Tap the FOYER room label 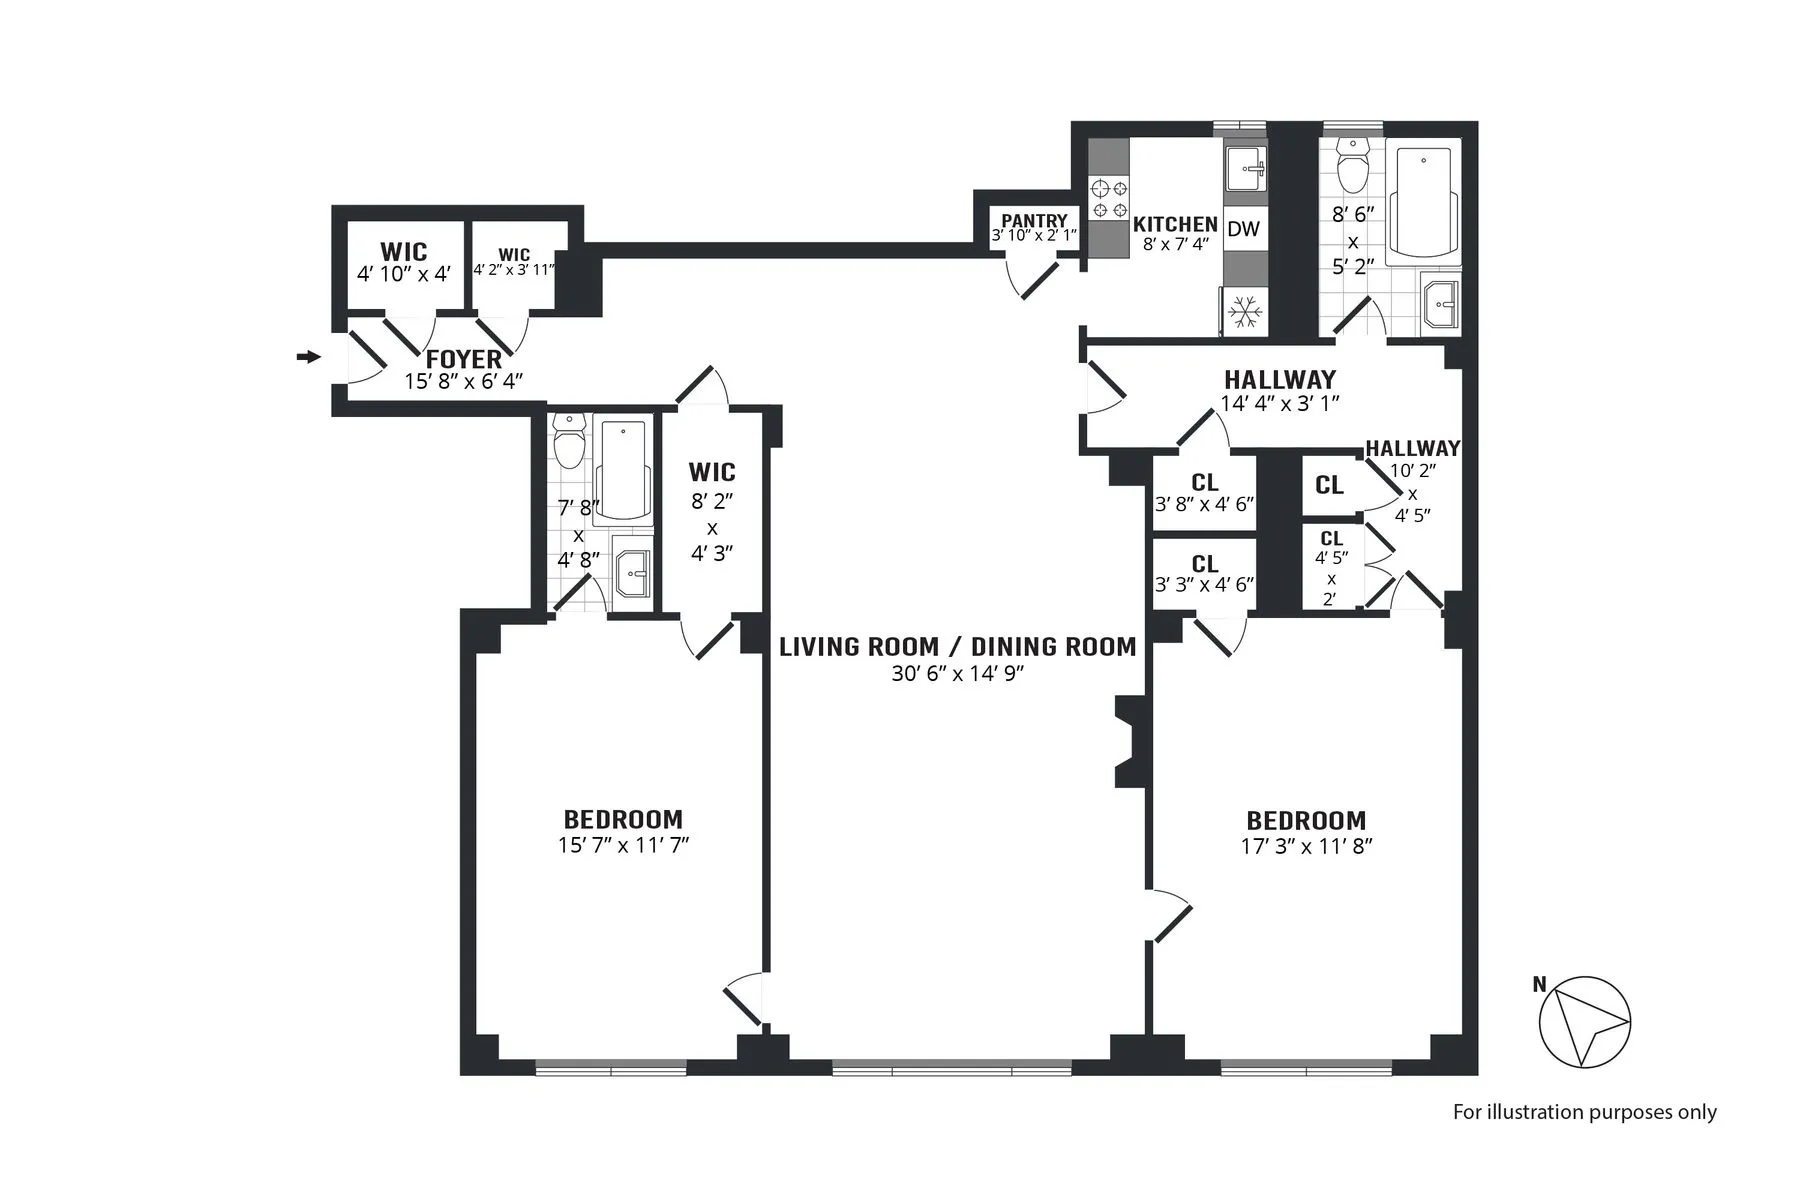464,359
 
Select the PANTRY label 1034,220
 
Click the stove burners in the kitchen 1108,197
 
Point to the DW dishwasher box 1243,229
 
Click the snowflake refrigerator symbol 1245,312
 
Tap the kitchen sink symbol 1245,171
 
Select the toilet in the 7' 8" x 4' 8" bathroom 570,444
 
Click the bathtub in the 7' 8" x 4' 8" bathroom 623,471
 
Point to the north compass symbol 1584,1021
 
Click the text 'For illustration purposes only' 1584,1112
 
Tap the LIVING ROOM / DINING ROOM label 957,647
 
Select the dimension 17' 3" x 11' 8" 1306,846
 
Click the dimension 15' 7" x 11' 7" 623,845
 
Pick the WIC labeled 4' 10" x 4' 404,262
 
